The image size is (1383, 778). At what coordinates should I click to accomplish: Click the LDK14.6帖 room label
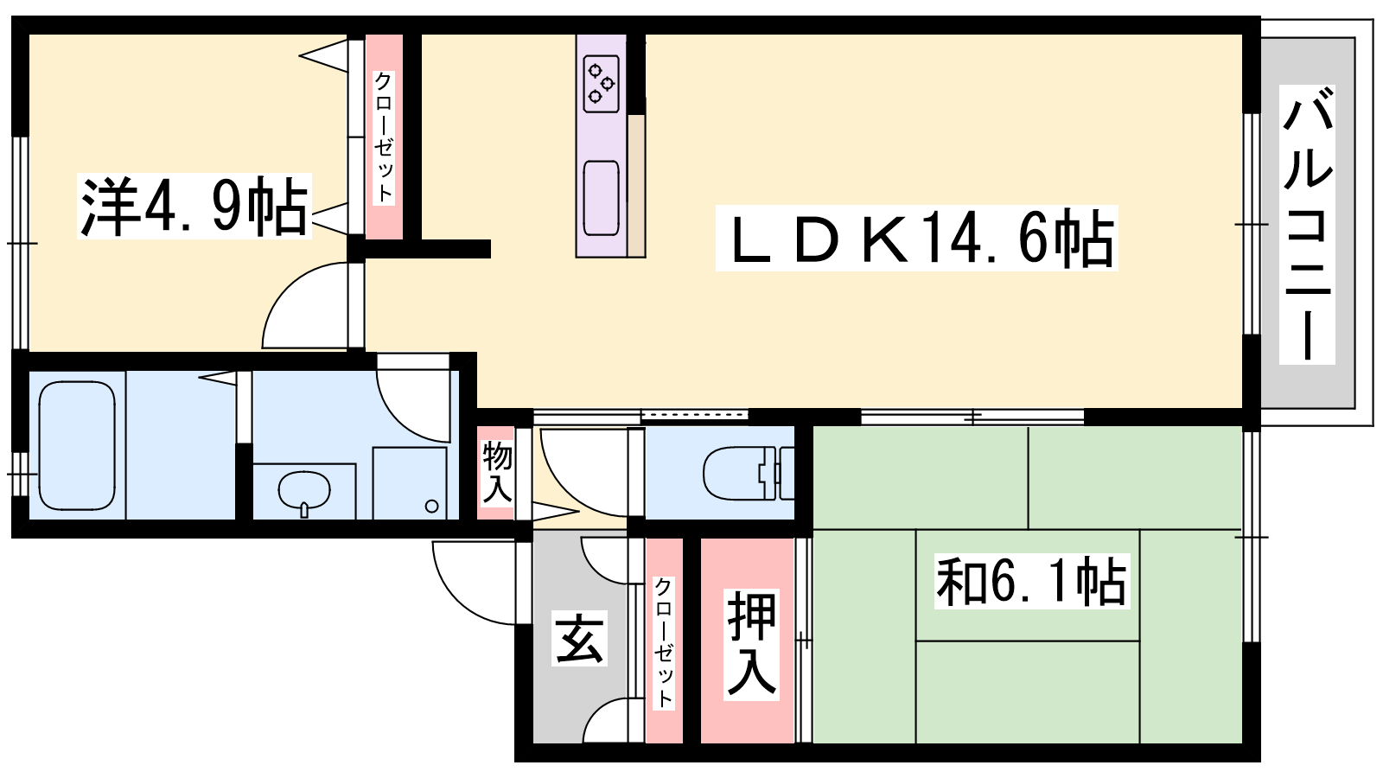tap(917, 239)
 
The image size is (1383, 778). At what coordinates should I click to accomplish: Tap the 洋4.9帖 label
tap(194, 207)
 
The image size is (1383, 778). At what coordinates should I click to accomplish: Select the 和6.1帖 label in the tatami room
tap(1032, 581)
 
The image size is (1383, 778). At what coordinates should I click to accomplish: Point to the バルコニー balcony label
tap(1308, 225)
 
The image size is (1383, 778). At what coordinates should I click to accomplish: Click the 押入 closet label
tap(751, 644)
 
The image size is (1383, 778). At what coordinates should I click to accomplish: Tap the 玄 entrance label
tap(579, 639)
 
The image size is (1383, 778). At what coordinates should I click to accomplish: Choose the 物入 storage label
tap(496, 472)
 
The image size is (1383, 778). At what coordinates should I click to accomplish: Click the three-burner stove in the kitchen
tap(602, 83)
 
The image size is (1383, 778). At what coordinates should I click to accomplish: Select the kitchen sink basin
tap(601, 198)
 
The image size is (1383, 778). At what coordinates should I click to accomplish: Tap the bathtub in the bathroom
tap(77, 445)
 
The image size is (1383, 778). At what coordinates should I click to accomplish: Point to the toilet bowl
tap(740, 472)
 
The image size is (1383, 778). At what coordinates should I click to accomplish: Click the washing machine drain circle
tap(431, 507)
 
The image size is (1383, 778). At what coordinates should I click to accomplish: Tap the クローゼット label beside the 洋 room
tap(384, 137)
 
